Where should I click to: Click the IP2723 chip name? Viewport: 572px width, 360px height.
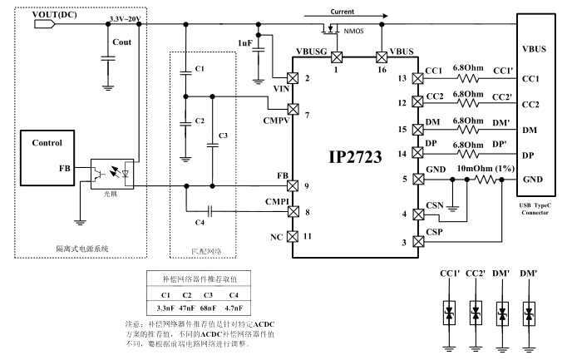tap(355, 157)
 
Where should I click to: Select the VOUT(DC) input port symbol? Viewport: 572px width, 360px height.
tap(45, 24)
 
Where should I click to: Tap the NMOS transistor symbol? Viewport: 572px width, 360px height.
tap(331, 29)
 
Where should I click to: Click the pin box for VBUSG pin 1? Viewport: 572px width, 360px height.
tap(337, 57)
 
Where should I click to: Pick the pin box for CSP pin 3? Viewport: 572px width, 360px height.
tap(418, 241)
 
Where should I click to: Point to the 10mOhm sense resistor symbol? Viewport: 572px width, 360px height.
tap(486, 180)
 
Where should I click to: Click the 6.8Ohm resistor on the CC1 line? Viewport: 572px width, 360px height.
tap(467, 78)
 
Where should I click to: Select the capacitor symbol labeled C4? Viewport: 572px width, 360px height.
tap(210, 211)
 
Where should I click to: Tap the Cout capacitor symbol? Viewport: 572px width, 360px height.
tap(108, 58)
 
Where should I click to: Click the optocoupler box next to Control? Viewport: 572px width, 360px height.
tap(112, 174)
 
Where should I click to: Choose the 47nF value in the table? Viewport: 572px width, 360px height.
tap(187, 308)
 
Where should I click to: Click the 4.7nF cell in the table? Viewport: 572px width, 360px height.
tap(234, 308)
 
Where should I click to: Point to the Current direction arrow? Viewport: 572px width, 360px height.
tap(346, 16)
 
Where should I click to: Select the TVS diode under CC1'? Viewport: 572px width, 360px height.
tap(449, 313)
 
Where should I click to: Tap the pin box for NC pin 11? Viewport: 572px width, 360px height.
tap(292, 237)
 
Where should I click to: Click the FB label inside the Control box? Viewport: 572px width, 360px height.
tap(65, 168)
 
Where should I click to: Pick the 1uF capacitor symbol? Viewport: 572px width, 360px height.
tap(259, 50)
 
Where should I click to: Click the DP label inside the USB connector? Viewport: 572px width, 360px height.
tap(528, 155)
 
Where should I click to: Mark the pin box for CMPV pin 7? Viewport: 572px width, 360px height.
tap(293, 109)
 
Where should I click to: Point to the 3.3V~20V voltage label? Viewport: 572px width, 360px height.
tap(125, 18)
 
